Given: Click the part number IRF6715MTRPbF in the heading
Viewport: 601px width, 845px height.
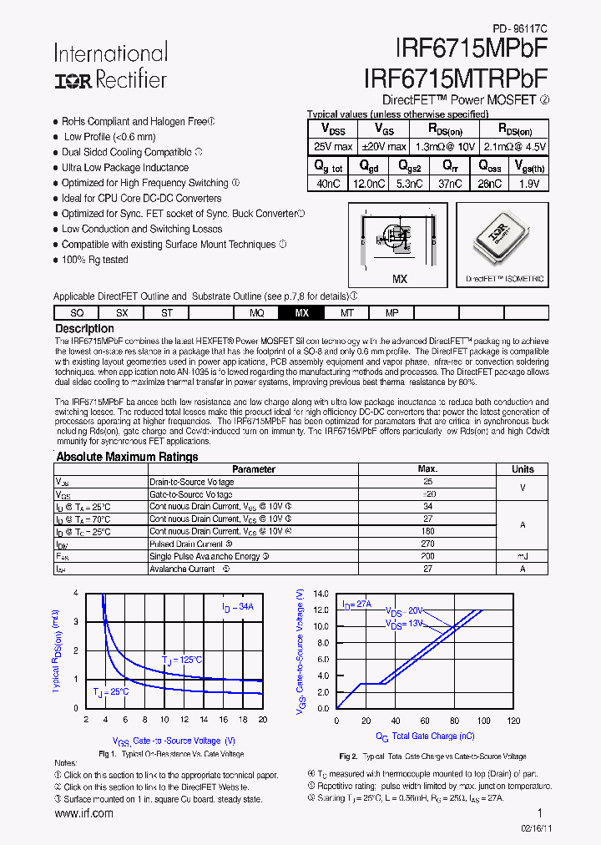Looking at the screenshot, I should coord(456,78).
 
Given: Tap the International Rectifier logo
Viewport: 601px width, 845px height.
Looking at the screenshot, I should coord(110,67).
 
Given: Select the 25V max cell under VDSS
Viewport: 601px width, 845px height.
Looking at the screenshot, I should coord(331,147).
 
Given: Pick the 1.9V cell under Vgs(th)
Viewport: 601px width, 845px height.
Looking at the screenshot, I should coord(528,184).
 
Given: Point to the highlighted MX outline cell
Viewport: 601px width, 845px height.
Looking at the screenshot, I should coord(301,313).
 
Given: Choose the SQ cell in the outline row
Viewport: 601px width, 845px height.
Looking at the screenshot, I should coord(77,313).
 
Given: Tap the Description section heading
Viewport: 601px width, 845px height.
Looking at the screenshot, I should coord(84,329).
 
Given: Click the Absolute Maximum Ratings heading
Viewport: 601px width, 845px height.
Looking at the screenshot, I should coord(127,457).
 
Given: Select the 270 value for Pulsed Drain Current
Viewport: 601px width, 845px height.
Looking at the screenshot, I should coord(427,544).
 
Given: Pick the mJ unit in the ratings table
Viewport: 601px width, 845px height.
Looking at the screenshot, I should coord(523,556).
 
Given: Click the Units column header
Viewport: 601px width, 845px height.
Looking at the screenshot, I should coord(523,469).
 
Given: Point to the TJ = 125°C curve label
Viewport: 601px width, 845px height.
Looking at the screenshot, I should coord(182,660).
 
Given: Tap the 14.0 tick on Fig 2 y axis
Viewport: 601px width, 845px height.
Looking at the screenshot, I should coord(321,594).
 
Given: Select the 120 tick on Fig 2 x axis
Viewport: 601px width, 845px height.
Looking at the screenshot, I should coord(513,721).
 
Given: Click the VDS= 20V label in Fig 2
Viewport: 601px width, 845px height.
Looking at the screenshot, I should coord(405,611).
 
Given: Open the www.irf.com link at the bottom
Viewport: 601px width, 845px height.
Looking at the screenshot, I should coord(83,813).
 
